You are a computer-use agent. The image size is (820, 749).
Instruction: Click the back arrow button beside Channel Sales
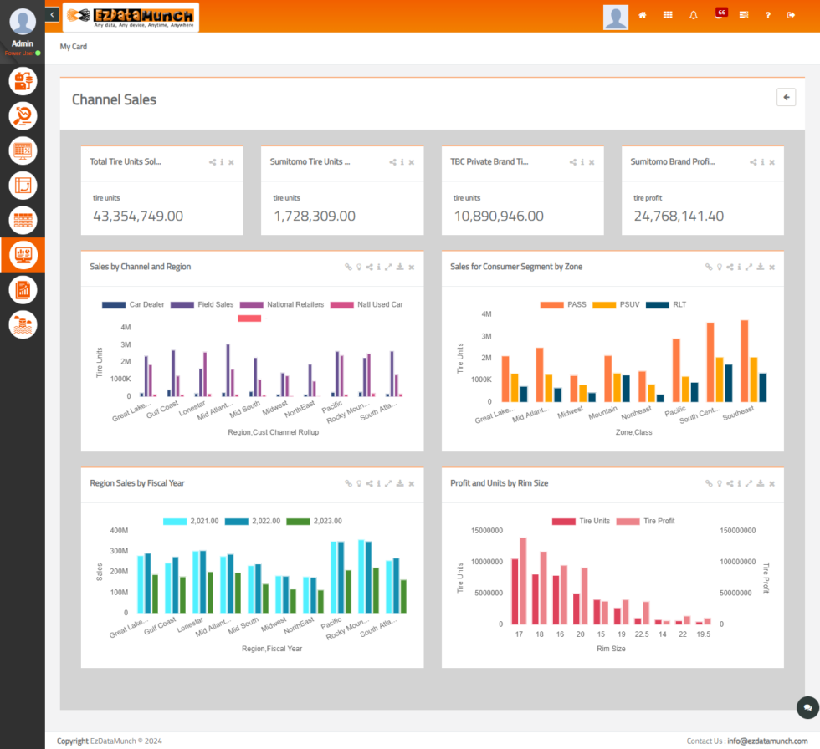[x=786, y=98]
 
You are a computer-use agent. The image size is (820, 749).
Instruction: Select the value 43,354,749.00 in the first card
[x=137, y=216]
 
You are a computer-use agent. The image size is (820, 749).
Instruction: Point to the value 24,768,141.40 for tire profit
[x=679, y=216]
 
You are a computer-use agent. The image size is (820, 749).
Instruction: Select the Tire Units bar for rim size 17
[x=515, y=592]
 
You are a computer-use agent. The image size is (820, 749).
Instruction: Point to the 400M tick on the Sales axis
[x=120, y=530]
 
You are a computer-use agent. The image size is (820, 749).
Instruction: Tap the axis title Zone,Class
[x=633, y=432]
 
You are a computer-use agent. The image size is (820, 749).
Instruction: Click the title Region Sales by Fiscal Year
[x=137, y=483]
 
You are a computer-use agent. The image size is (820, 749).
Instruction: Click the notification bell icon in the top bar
[x=693, y=15]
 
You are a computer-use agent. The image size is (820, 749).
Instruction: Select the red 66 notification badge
[x=721, y=12]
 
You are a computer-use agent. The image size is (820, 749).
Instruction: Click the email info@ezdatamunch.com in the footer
[x=767, y=741]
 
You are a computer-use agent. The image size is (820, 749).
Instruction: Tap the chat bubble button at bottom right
[x=807, y=708]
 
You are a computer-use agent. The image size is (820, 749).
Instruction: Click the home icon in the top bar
[x=643, y=15]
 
